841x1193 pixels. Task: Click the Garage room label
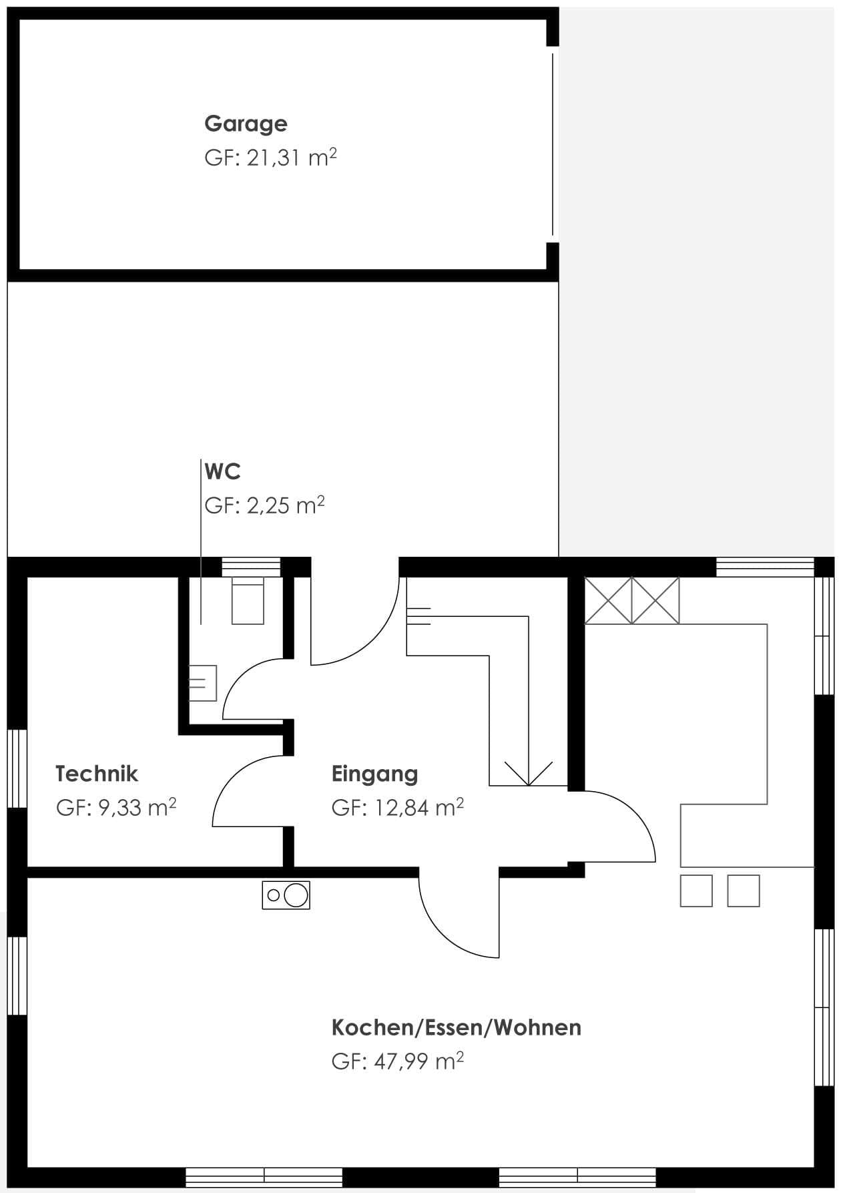click(246, 124)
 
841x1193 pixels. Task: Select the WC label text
click(222, 471)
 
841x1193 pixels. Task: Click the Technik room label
click(97, 774)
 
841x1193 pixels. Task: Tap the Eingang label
click(374, 774)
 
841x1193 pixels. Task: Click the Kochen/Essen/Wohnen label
click(457, 1027)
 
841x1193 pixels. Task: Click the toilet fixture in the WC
click(248, 601)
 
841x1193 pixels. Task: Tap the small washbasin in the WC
click(203, 683)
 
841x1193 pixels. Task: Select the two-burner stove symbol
click(286, 895)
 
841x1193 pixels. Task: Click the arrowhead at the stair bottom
click(529, 773)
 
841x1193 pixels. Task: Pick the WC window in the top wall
click(251, 567)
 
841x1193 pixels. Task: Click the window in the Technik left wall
click(17, 769)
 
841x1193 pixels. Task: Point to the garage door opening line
click(553, 144)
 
